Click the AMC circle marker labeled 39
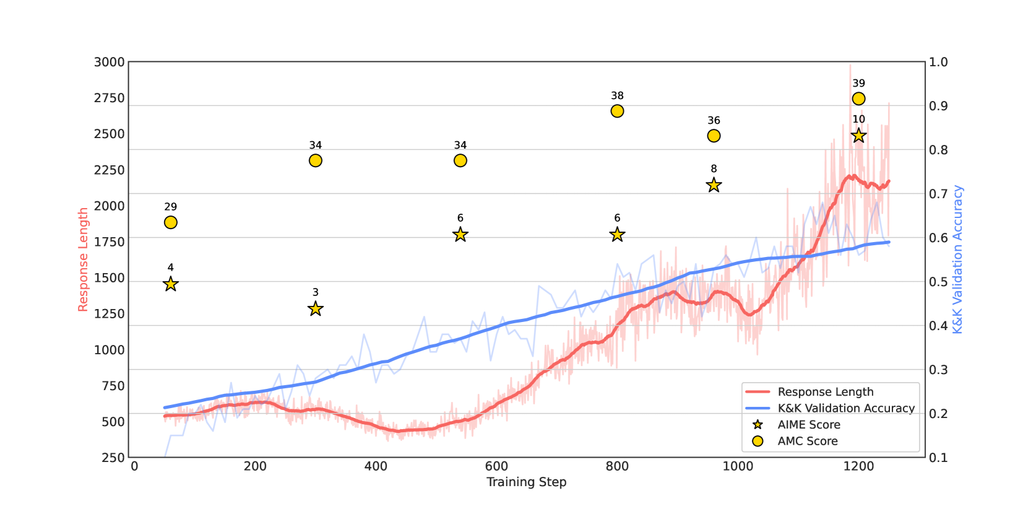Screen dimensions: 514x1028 (858, 99)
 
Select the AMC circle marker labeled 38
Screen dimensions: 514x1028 (617, 111)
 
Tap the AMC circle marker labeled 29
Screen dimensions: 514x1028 (171, 222)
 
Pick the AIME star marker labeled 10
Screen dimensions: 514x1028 (858, 136)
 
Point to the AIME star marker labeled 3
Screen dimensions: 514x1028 (316, 308)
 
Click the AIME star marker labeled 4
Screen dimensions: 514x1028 (171, 284)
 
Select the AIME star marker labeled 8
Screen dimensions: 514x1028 (714, 185)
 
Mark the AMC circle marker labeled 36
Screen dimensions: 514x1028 (714, 136)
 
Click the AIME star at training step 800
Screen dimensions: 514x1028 (617, 235)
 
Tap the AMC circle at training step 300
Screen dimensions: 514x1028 (316, 161)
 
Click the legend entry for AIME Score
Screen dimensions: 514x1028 (808, 425)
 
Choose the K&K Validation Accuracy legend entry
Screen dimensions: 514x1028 (845, 408)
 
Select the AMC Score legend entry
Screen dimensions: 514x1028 (807, 441)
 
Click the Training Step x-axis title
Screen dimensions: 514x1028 (526, 482)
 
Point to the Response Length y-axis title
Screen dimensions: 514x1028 (83, 259)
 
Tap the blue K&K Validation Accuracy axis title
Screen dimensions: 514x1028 (957, 259)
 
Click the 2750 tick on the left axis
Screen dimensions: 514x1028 (110, 98)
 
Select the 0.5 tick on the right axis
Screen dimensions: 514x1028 (938, 282)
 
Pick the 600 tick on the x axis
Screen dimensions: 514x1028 (496, 466)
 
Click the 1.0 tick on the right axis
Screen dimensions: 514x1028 (938, 62)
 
